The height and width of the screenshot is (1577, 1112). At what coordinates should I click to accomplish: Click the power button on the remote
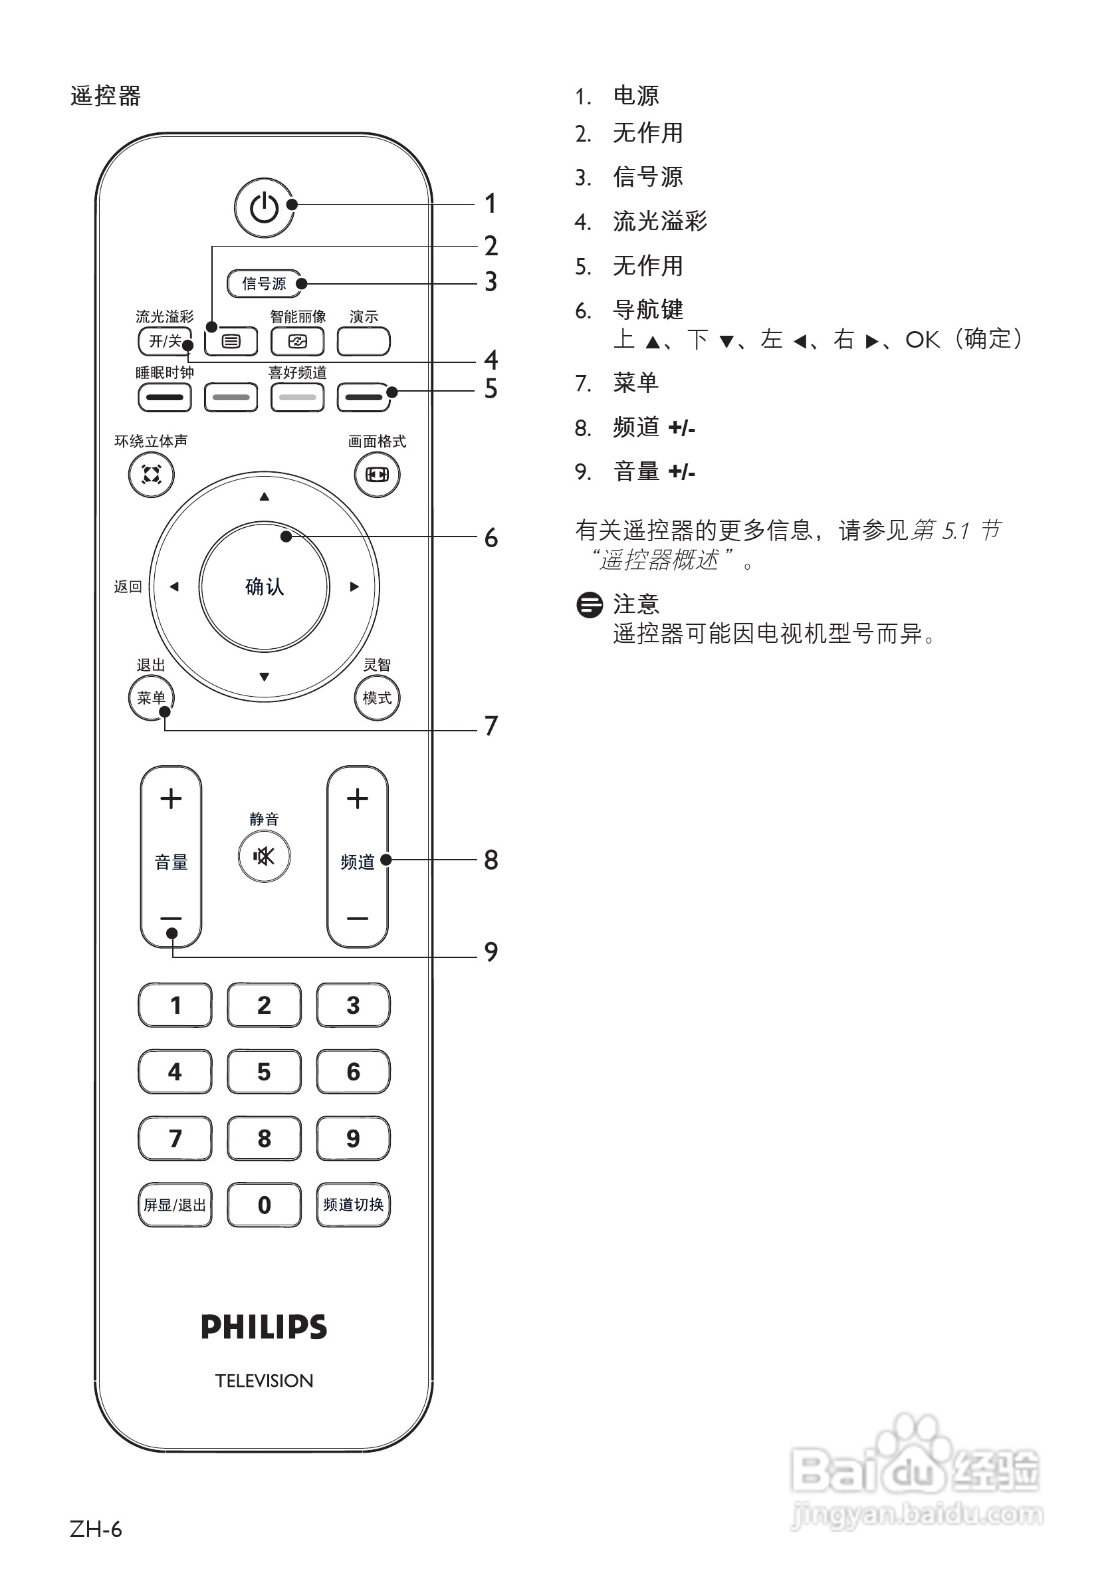(x=264, y=207)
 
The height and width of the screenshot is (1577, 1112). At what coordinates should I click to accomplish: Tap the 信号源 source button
(x=264, y=284)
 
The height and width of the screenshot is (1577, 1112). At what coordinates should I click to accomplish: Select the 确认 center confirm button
(x=265, y=586)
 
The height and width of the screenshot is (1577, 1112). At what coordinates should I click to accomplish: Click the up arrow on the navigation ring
(x=265, y=497)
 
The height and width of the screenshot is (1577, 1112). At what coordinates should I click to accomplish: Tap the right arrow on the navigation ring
(x=354, y=586)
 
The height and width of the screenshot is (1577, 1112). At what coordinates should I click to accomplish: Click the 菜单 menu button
(x=151, y=698)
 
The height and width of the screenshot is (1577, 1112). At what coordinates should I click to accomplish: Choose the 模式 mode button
(x=377, y=698)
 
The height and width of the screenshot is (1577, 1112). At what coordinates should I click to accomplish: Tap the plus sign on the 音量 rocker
(x=171, y=798)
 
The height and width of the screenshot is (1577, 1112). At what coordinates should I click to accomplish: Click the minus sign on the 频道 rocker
(x=357, y=918)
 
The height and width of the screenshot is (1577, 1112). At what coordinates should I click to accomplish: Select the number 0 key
(x=265, y=1205)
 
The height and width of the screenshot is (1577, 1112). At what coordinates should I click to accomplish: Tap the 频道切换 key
(x=353, y=1205)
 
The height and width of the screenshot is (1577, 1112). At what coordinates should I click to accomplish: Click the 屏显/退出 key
(x=175, y=1205)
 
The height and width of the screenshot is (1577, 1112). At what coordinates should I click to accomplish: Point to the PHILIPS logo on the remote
(x=264, y=1326)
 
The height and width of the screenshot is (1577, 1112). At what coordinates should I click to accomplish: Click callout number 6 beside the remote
(x=491, y=538)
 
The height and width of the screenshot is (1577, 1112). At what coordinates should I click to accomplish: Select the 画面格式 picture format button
(x=377, y=475)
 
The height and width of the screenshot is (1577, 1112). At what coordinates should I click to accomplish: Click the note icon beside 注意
(x=590, y=605)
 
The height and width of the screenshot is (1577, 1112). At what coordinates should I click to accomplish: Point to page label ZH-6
(x=96, y=1529)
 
